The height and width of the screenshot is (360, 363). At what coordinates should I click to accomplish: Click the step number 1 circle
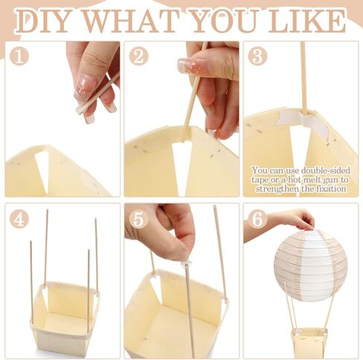pos(19,56)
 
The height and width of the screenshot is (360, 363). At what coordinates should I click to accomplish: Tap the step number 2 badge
pos(138,56)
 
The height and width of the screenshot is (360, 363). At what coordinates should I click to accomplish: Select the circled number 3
pos(257,56)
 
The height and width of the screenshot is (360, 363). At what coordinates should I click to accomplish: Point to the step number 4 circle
pos(19,219)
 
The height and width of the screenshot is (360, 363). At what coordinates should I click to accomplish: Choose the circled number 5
pos(138,219)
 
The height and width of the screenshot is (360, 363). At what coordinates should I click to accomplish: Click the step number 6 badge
pos(257,219)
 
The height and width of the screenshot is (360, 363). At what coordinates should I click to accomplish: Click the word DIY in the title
pos(42,22)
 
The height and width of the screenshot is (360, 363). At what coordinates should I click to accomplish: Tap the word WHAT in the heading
pos(131,22)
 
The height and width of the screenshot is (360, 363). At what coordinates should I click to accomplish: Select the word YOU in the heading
pos(225,22)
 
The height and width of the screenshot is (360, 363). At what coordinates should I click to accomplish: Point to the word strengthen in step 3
pos(277,189)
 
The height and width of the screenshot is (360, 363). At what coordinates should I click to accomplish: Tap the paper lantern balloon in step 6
pos(310,265)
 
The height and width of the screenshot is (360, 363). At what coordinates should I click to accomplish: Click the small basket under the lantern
pos(309,343)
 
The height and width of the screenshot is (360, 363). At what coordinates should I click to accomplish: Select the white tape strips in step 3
pos(302,122)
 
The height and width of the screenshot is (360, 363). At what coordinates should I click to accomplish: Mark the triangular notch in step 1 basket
pos(42,171)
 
